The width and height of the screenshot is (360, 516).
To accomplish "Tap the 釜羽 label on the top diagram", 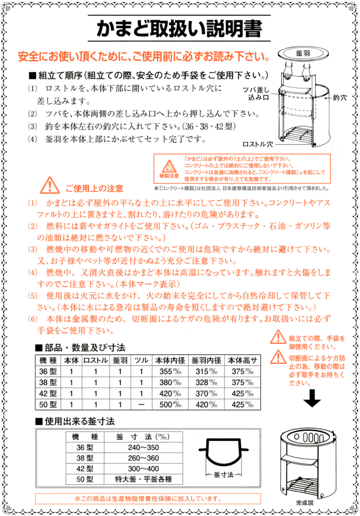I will [302, 53].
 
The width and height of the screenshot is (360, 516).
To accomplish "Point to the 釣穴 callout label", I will [340, 97].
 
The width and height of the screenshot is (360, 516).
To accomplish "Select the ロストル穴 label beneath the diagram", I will [257, 144].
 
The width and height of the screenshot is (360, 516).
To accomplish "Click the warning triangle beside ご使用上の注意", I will [50, 183].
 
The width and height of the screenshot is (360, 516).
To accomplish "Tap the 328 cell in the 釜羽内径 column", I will [208, 382].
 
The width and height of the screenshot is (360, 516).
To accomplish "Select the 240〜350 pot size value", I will [143, 447].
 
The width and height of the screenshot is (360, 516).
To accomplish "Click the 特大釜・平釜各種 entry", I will [143, 479].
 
